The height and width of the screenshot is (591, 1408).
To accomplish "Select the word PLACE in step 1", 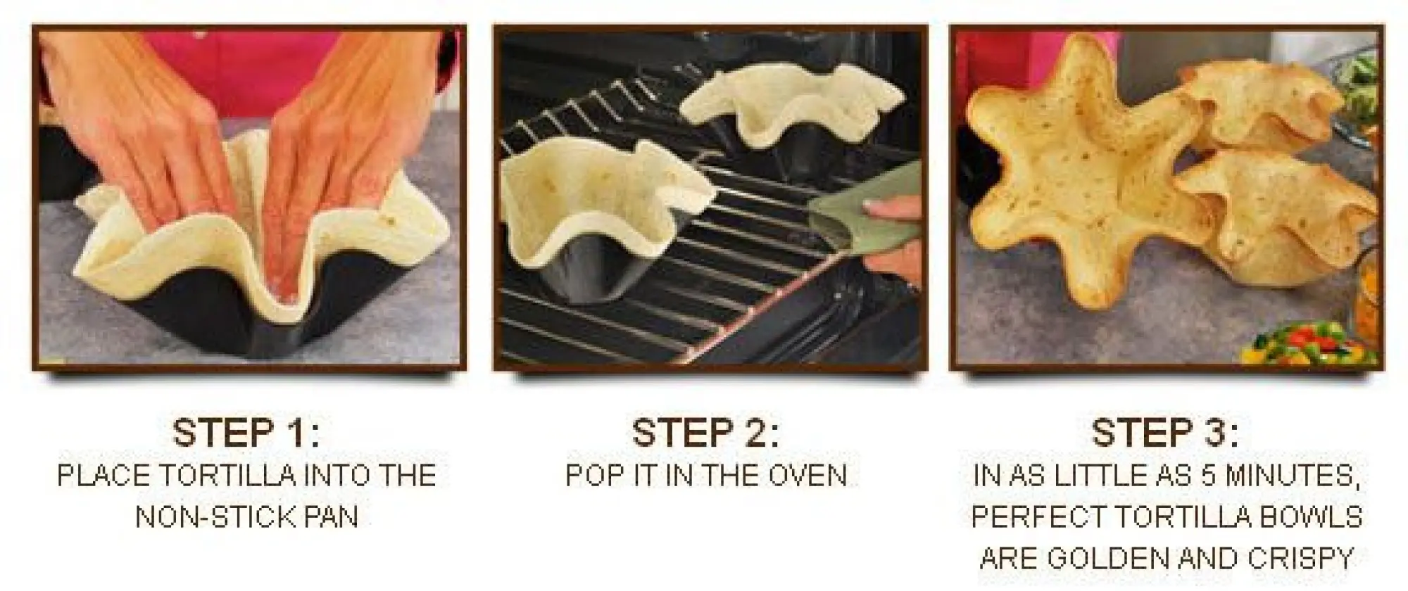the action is [x=104, y=476].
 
